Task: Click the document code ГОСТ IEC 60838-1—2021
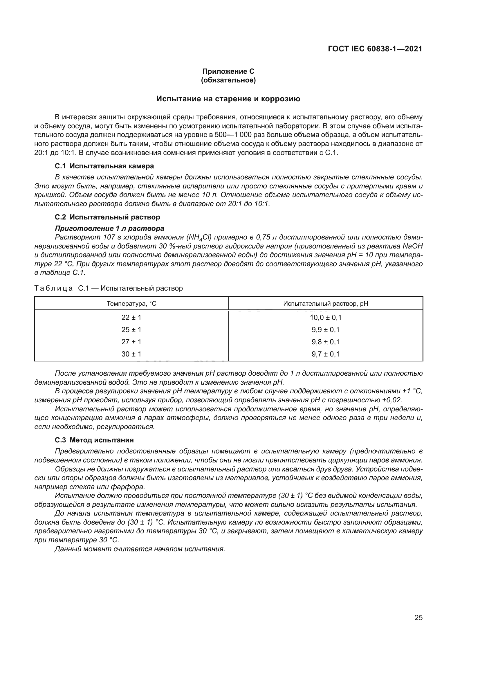point(375,49)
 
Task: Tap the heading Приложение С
point(228,71)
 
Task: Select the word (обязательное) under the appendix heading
point(228,80)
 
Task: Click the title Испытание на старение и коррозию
point(228,99)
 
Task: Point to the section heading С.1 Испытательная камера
point(104,166)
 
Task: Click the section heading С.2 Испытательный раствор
point(107,217)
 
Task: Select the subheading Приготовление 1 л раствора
point(109,228)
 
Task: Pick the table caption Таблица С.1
point(109,288)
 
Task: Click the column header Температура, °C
point(131,303)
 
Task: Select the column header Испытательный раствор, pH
point(325,303)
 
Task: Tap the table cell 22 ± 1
point(131,318)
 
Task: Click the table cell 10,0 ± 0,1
point(325,318)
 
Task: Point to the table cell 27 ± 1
point(131,342)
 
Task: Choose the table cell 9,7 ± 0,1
point(325,354)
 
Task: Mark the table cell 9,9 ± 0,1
point(325,330)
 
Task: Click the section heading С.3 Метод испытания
point(94,440)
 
